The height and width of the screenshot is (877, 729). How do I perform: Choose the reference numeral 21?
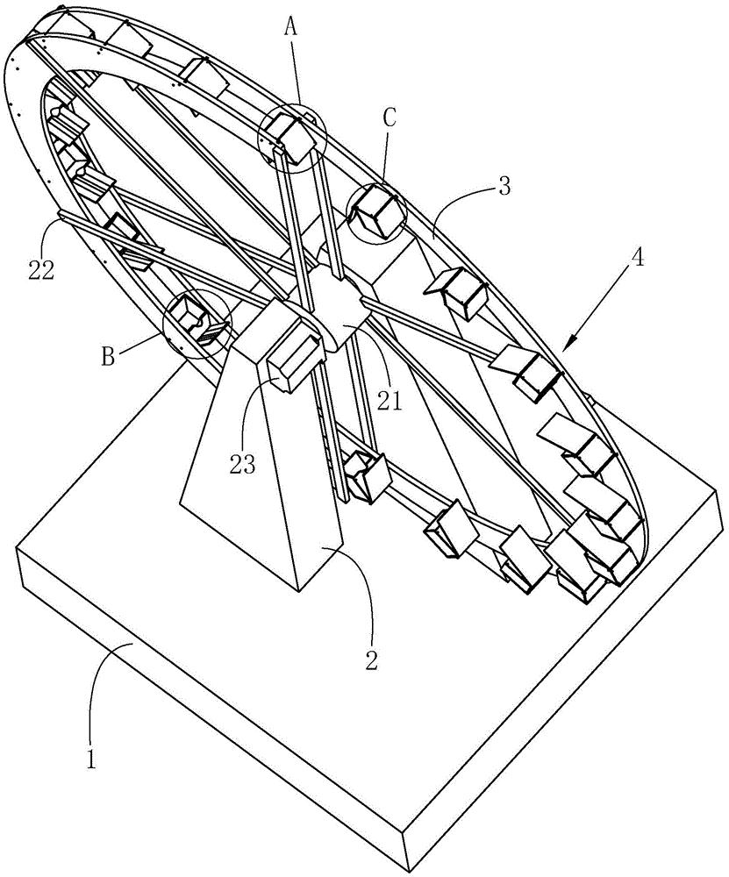tap(390, 402)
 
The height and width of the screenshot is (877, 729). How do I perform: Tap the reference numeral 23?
tap(242, 462)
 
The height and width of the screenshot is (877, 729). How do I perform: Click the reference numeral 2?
tap(371, 660)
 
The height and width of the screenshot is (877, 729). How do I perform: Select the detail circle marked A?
tap(291, 136)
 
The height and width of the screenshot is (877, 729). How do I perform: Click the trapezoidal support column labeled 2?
tap(263, 491)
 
